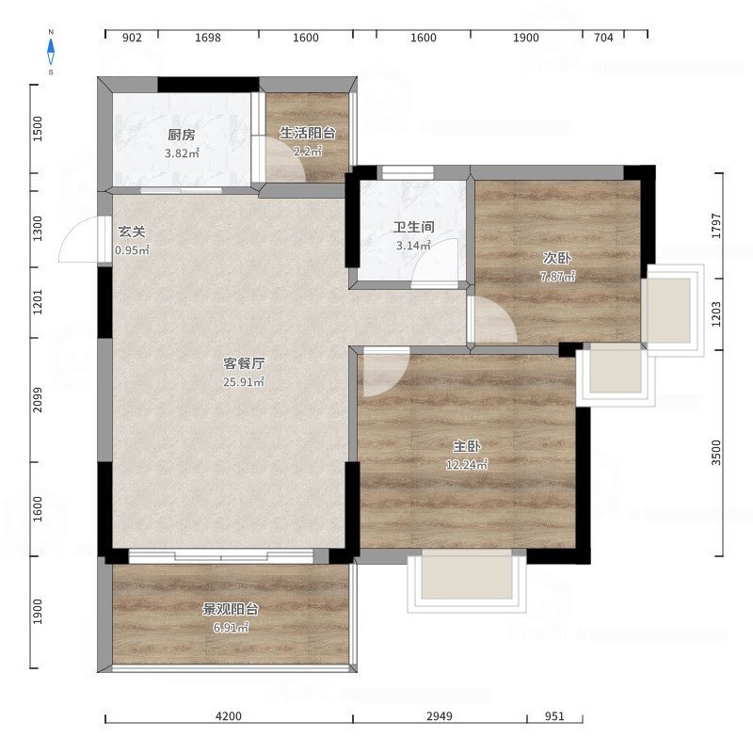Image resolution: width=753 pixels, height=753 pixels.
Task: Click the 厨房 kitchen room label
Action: (182, 135)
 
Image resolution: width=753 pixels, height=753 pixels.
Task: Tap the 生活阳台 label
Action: (308, 133)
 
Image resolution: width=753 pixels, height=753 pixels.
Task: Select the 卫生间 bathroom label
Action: (413, 227)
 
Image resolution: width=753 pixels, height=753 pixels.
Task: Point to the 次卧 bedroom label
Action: (557, 258)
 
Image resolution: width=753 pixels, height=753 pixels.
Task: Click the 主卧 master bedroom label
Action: (467, 446)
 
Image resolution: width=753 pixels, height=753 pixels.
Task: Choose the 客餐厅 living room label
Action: (244, 363)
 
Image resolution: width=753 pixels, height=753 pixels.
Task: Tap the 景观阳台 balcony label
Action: (231, 609)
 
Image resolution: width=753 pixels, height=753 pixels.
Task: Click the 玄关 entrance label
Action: (132, 232)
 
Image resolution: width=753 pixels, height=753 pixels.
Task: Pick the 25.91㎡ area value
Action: (244, 382)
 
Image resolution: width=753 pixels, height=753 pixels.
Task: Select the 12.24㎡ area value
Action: (467, 465)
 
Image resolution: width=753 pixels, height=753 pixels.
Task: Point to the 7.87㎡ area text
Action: (557, 277)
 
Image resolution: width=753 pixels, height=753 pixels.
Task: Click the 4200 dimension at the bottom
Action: (229, 716)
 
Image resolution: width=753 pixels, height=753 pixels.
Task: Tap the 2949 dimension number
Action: (440, 716)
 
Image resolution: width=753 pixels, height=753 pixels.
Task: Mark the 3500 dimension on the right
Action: (716, 453)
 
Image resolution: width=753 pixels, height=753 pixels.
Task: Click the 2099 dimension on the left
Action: (38, 400)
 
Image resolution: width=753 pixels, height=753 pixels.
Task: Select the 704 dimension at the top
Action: (603, 38)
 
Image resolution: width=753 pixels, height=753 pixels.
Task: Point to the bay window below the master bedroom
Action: (467, 581)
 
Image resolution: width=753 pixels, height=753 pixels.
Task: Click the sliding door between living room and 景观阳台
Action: (221, 556)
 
